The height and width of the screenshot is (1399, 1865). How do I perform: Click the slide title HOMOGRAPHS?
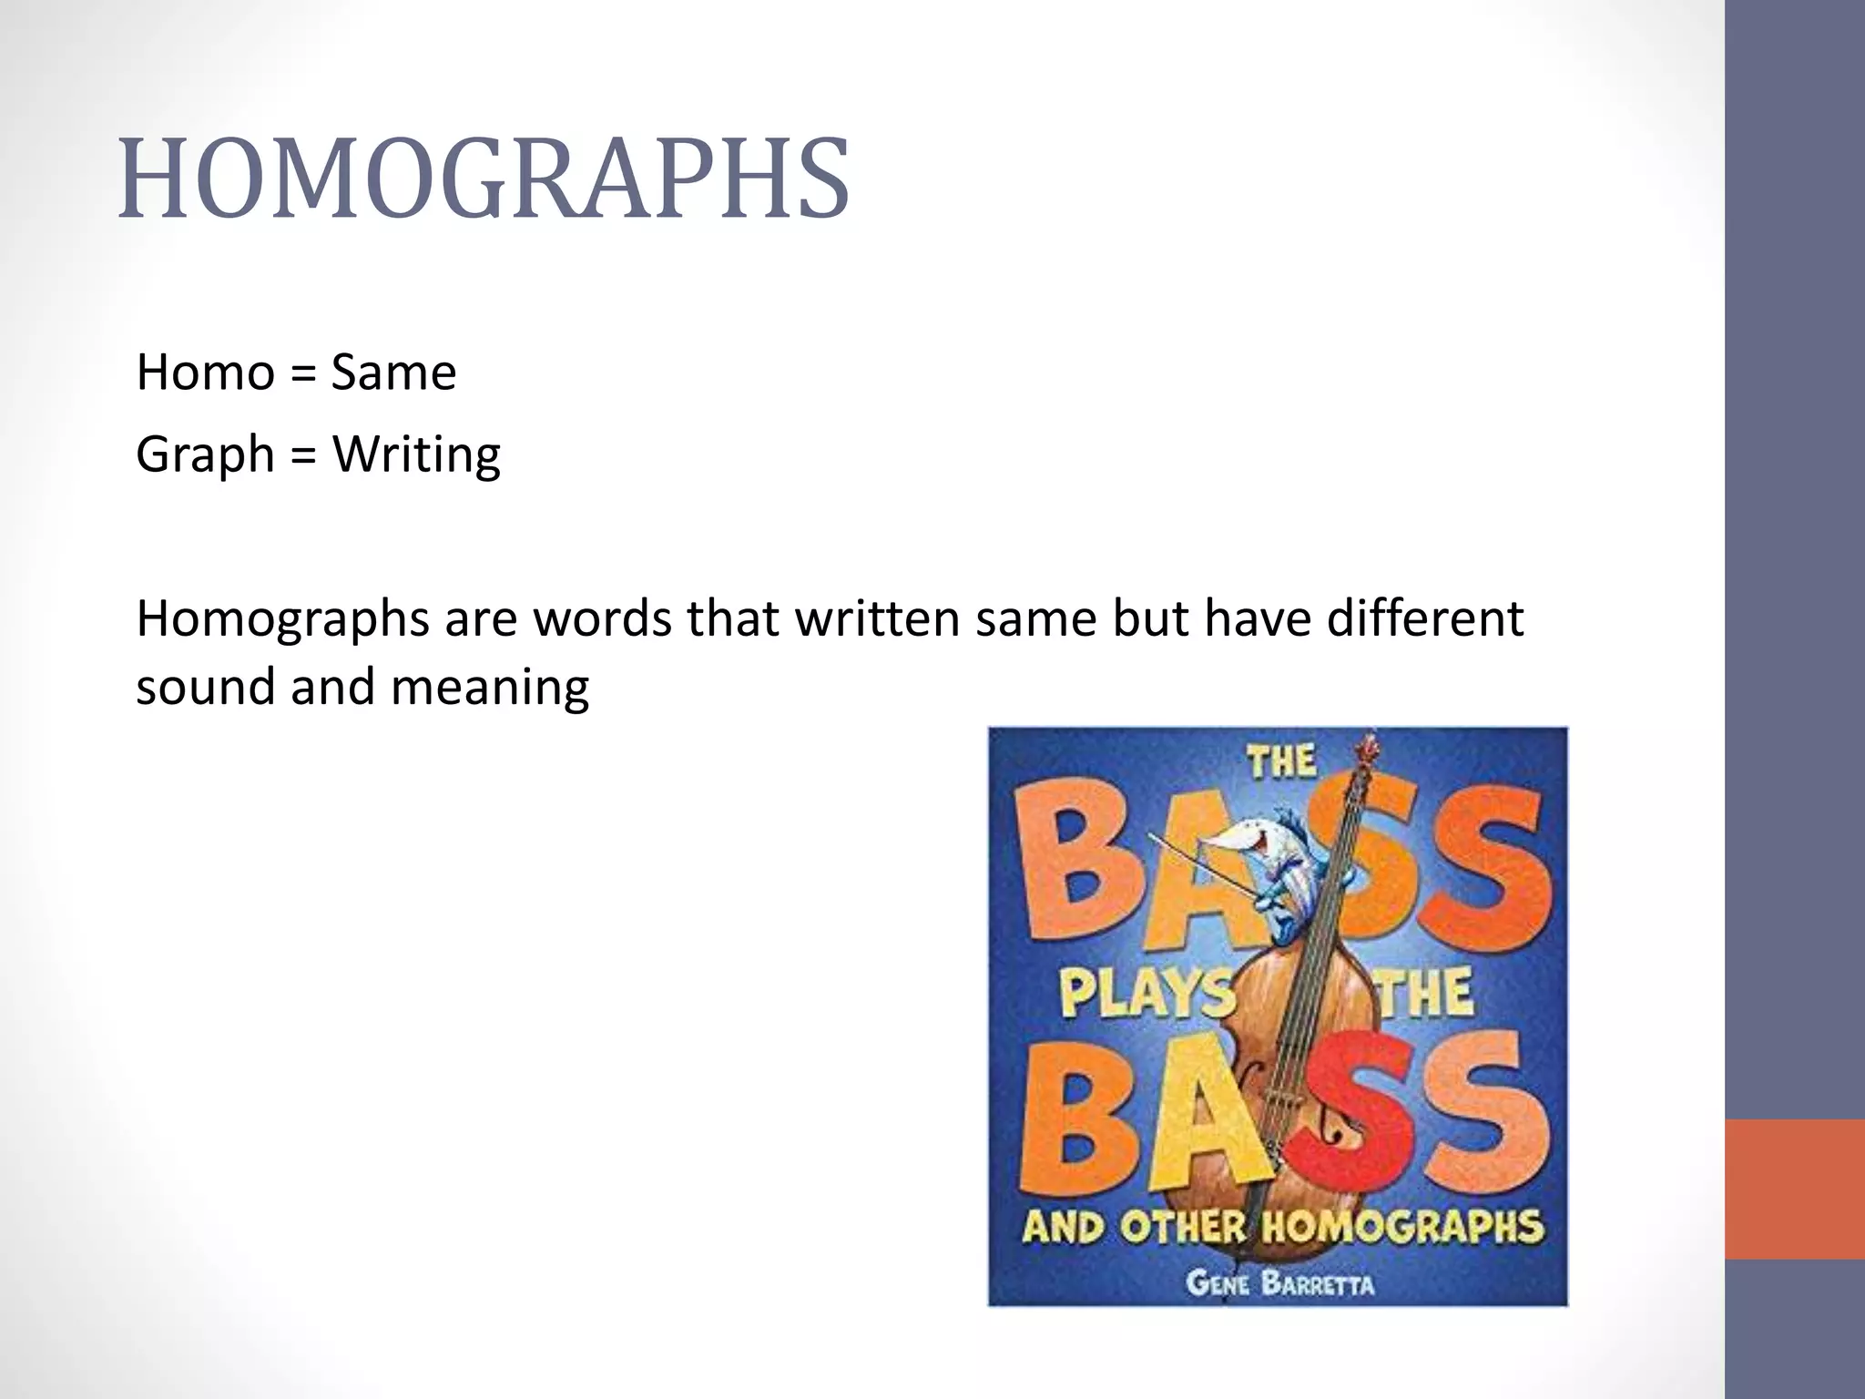click(x=484, y=179)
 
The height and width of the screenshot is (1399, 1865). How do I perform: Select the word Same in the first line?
click(x=392, y=373)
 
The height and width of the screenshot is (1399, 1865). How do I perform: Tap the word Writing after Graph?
click(x=416, y=454)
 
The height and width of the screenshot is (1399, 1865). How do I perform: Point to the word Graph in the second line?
click(x=205, y=454)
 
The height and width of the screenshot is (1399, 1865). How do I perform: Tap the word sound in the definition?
click(x=205, y=687)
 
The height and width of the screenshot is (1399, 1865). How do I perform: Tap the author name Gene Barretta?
click(x=1279, y=1284)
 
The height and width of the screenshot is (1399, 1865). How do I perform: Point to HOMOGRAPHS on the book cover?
click(x=1402, y=1228)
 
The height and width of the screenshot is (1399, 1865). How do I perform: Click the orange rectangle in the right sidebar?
click(x=1794, y=1189)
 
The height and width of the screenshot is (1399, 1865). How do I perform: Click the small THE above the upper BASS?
click(x=1281, y=761)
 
